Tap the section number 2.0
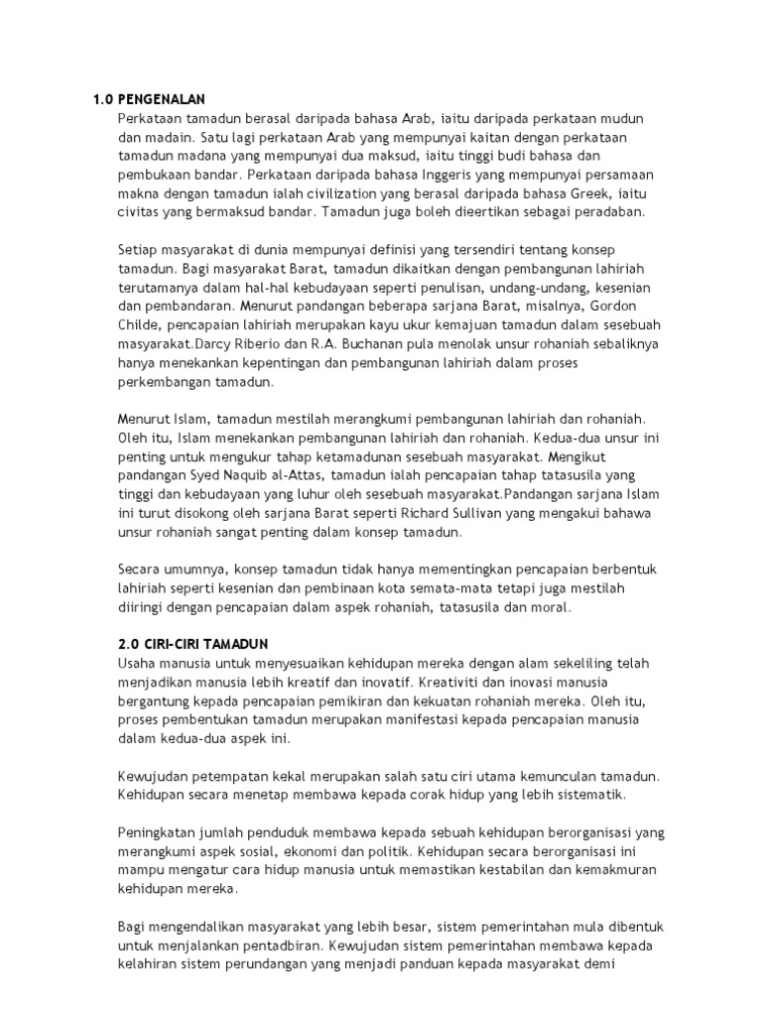click(x=103, y=644)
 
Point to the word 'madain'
click(x=165, y=137)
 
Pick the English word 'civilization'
click(x=361, y=193)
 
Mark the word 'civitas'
click(x=137, y=212)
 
